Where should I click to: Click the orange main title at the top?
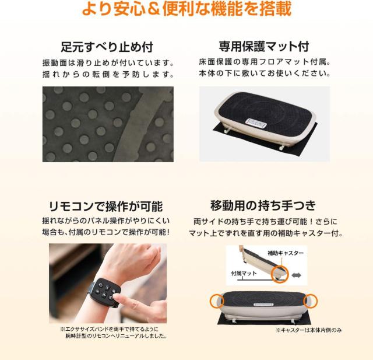click(186, 9)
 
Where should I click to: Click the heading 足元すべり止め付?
click(107, 47)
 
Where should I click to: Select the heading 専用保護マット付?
click(264, 47)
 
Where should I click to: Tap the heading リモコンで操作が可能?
click(106, 206)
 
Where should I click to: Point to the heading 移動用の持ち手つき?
click(263, 205)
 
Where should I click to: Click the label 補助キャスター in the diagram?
click(286, 253)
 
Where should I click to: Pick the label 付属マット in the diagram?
click(244, 273)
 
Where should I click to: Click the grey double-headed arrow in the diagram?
click(296, 275)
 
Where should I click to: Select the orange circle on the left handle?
click(217, 300)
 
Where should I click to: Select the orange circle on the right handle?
click(311, 301)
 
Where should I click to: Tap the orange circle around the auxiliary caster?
click(280, 274)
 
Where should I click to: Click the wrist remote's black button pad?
click(105, 291)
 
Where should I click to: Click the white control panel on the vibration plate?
click(256, 124)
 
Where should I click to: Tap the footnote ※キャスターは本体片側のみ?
click(309, 330)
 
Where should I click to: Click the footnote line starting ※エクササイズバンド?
click(109, 329)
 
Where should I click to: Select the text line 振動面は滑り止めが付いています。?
click(108, 63)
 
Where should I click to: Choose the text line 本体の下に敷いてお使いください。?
click(265, 73)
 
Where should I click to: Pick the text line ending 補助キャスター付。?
click(266, 233)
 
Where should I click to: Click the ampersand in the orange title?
click(153, 9)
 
